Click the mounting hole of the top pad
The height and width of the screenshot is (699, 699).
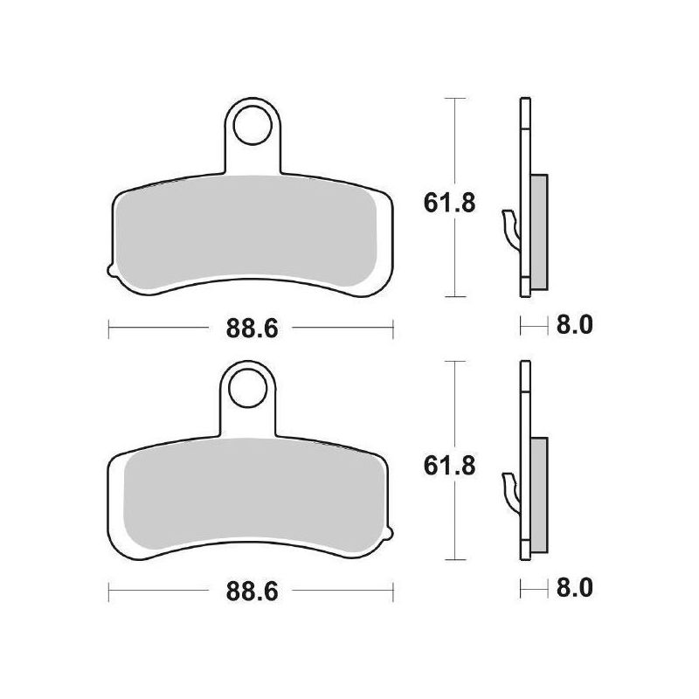pyautogui.click(x=253, y=125)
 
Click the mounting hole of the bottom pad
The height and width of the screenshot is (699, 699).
pyautogui.click(x=247, y=388)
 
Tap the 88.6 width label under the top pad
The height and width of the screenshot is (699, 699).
pyautogui.click(x=252, y=329)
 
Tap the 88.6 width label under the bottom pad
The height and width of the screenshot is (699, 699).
pyautogui.click(x=252, y=592)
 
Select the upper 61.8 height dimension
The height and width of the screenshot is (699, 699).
pyautogui.click(x=450, y=204)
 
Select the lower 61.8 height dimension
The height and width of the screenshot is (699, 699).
pyautogui.click(x=450, y=467)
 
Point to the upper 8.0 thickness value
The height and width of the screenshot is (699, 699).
pyautogui.click(x=575, y=325)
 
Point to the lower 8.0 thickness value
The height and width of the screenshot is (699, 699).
pyautogui.click(x=575, y=588)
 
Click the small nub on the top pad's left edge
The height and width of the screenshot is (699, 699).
pyautogui.click(x=112, y=270)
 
